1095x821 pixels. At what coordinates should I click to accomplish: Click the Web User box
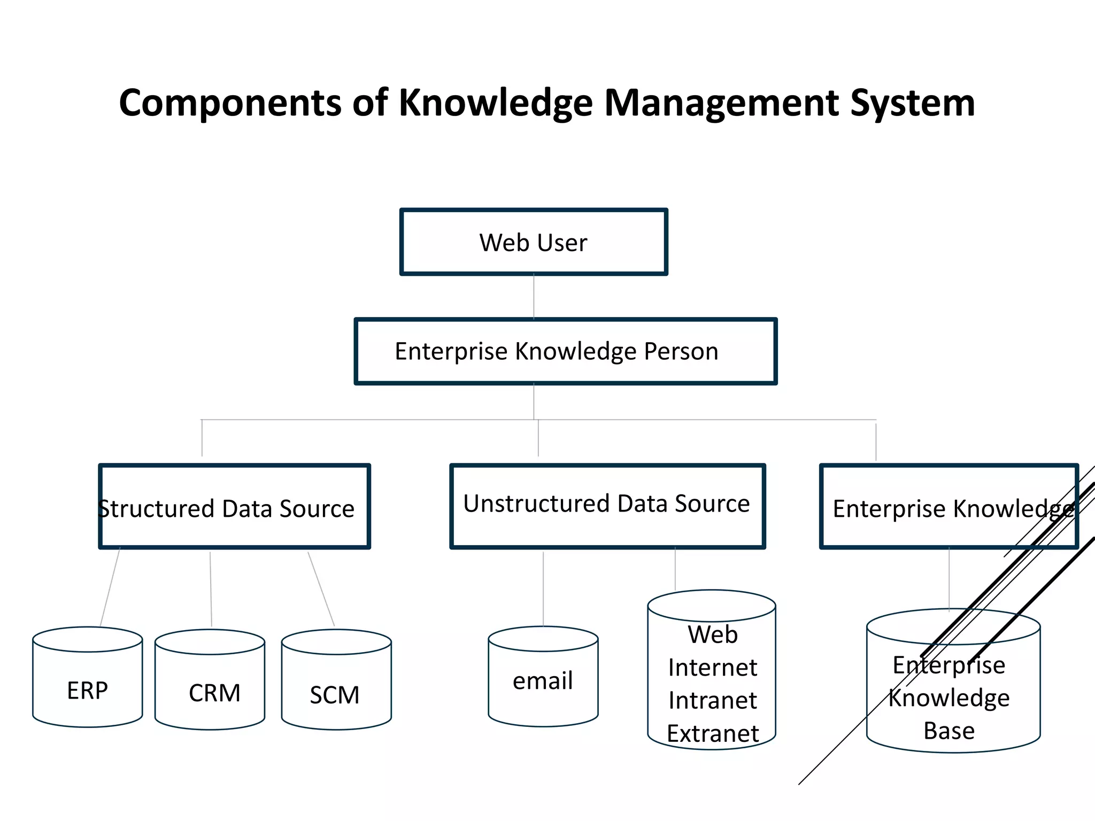pos(534,242)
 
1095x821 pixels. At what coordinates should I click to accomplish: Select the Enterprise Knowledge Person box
pos(565,351)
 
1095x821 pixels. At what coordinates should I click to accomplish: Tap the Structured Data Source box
pos(234,507)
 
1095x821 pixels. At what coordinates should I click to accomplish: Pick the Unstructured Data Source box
pos(607,506)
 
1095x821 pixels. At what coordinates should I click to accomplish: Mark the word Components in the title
pos(230,103)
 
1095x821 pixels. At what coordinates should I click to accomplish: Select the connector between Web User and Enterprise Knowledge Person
pos(534,297)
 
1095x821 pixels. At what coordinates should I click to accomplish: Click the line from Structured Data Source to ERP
pos(110,587)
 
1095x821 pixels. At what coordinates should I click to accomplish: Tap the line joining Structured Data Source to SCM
pos(321,588)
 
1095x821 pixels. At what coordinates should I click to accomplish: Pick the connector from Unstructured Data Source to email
pos(543,588)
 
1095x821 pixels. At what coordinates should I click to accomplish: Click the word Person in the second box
pos(681,352)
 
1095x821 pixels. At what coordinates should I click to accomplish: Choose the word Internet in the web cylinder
pos(713,668)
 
